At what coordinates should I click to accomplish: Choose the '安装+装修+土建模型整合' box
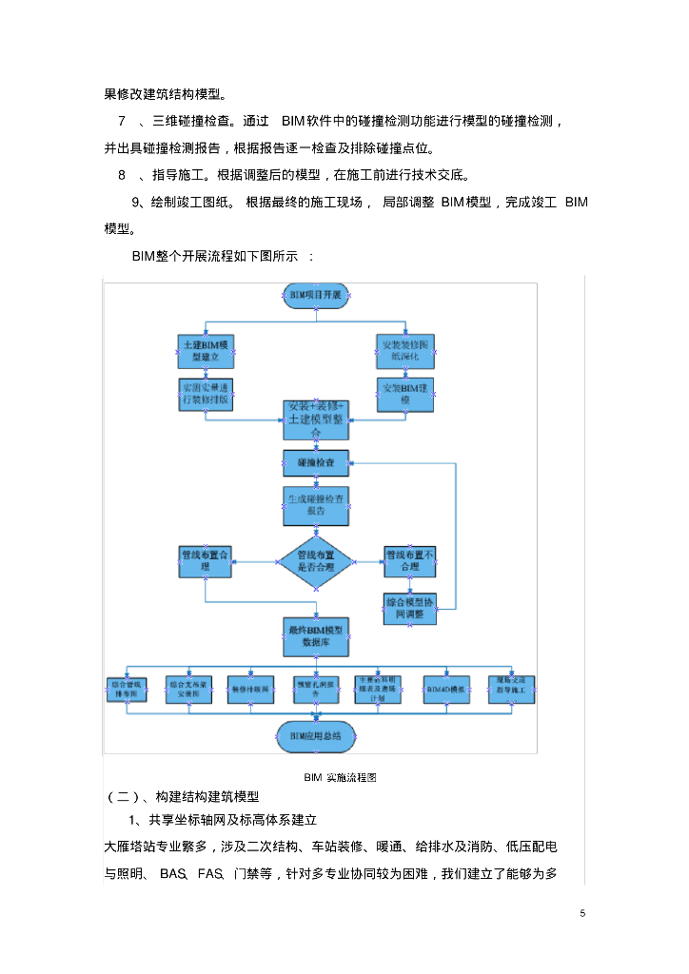(316, 419)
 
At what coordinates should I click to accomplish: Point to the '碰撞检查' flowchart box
(316, 463)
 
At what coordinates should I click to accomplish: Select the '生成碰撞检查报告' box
(316, 505)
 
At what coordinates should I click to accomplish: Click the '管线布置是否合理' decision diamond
(316, 561)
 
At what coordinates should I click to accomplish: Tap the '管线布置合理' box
(206, 560)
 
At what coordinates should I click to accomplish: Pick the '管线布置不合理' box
(410, 560)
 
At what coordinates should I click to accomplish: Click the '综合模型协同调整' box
(410, 608)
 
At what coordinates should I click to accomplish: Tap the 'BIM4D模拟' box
(445, 690)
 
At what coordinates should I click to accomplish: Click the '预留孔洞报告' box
(316, 690)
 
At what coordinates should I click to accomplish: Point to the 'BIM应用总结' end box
(315, 734)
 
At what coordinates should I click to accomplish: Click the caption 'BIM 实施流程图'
(340, 777)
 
